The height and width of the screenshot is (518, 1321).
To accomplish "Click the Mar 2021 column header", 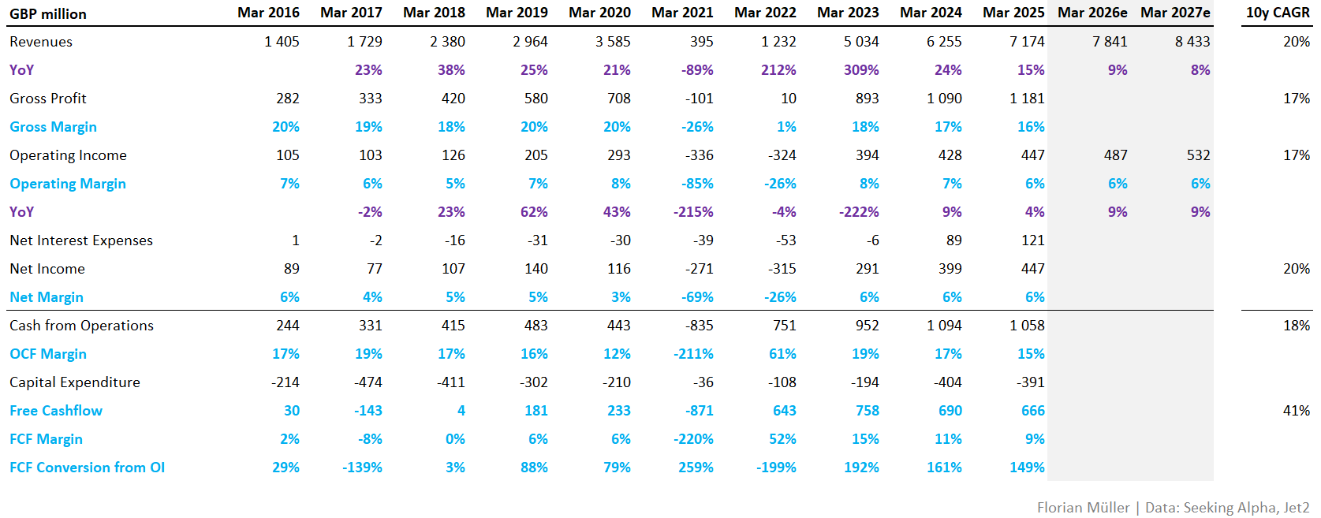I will [682, 13].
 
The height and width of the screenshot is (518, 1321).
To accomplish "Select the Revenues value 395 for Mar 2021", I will [701, 42].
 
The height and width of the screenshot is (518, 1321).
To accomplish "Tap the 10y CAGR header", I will [1278, 13].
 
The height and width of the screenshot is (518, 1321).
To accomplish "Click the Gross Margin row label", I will [53, 127].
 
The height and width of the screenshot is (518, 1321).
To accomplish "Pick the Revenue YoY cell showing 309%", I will [861, 70].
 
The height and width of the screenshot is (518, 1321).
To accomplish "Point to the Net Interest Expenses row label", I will [81, 240].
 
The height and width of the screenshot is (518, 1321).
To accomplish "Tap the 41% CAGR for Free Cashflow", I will [1296, 411].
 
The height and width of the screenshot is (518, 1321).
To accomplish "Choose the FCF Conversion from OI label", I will [87, 468].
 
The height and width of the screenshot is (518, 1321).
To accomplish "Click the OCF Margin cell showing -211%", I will [693, 354].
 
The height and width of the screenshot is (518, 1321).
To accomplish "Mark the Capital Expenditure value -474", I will [368, 382].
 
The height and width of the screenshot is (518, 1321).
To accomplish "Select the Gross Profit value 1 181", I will [1027, 99].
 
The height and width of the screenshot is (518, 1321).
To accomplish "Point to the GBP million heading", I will [48, 14].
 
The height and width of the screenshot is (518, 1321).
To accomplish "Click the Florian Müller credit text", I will [1083, 508].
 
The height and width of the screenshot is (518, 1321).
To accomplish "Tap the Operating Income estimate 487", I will [1115, 155].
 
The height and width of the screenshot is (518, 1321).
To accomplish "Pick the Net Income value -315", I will [782, 269].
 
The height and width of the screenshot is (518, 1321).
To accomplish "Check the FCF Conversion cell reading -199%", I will [776, 468].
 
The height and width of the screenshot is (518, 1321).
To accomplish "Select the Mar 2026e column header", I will [1092, 13].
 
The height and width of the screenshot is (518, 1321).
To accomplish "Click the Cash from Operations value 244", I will [287, 326].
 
